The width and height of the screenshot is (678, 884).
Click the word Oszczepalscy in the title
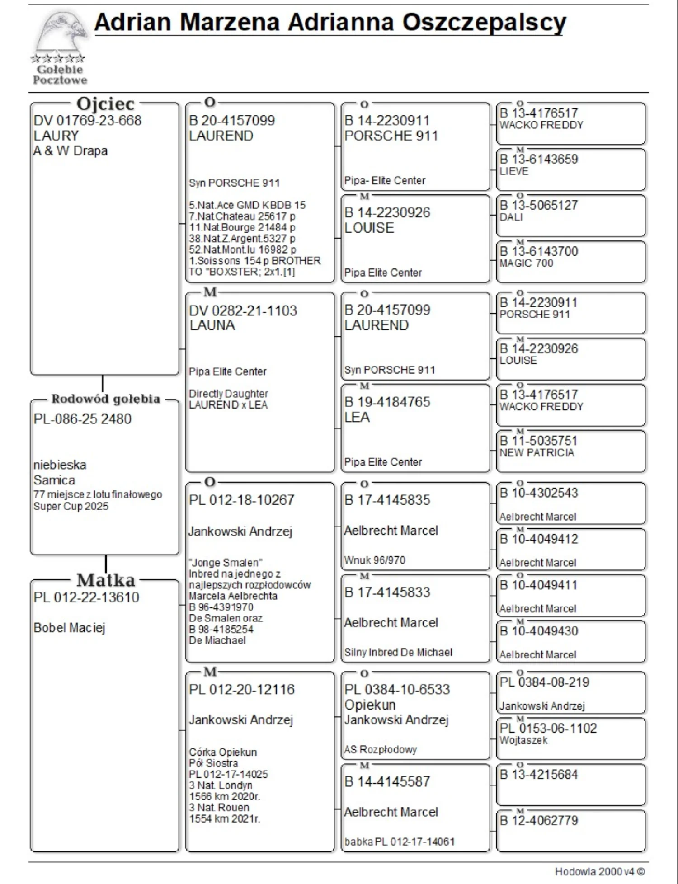pos(484,22)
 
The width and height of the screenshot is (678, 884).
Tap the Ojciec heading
pos(105,104)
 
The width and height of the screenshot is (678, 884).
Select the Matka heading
pos(106,580)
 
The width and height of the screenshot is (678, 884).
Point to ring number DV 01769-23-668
pos(87,121)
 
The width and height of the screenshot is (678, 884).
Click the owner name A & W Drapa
pos(71,151)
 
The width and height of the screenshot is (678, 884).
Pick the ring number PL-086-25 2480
pos(82,419)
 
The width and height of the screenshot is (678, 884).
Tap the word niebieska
pos(60,465)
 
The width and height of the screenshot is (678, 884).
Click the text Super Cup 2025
pos(71,507)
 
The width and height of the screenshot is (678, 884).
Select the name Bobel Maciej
pos(69,628)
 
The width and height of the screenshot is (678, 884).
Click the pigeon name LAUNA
pos(212,325)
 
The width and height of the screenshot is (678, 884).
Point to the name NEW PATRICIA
pos(537,453)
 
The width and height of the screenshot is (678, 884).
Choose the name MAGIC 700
pos(526,263)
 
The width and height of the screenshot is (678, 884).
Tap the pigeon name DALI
pos(511,217)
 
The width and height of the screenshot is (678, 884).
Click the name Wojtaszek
pos(523,740)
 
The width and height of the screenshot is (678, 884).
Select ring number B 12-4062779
pos(539,820)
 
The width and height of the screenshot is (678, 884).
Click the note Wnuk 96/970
pos(375,560)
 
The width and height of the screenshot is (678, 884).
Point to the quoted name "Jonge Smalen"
pos(226,563)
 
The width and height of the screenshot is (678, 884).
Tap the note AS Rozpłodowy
pos(381,750)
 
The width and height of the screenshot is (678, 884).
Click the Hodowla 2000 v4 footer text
pos(599,872)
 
